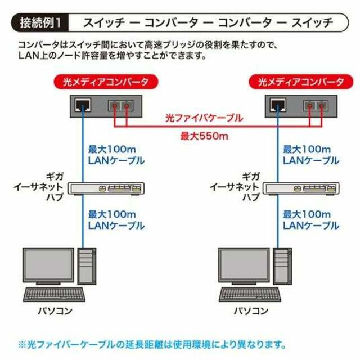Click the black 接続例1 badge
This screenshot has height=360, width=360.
tap(39, 22)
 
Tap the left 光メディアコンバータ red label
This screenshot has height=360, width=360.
tap(106, 82)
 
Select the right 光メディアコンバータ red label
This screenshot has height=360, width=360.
tap(301, 82)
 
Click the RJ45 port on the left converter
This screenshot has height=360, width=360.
tap(83, 105)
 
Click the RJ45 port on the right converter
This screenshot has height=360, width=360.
tap(278, 105)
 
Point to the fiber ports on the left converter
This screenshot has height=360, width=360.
tap(121, 106)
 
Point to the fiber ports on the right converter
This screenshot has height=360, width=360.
tap(316, 106)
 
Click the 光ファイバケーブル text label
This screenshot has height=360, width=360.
tap(204, 118)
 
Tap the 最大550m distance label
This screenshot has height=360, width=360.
tap(204, 136)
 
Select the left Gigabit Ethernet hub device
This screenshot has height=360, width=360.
tap(106, 188)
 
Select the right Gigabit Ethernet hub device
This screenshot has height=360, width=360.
tap(301, 188)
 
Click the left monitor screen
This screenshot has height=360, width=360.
tap(48, 264)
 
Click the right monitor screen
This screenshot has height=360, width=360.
tap(244, 264)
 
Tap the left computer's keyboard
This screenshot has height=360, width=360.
tap(54, 295)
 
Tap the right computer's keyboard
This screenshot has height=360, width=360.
tap(250, 295)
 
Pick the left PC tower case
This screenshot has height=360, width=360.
tap(87, 266)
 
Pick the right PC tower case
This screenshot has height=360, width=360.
tap(282, 266)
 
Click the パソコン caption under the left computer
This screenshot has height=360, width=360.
tap(55, 311)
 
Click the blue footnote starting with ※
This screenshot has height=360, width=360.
tap(152, 345)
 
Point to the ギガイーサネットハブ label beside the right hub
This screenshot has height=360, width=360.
tap(235, 187)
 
